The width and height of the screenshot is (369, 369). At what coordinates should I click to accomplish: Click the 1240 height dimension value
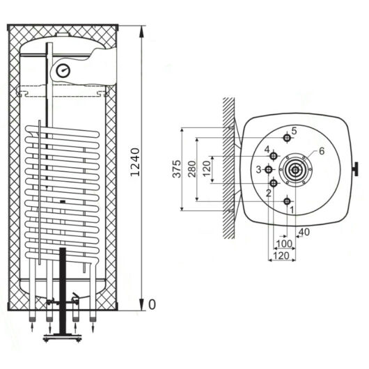(135, 162)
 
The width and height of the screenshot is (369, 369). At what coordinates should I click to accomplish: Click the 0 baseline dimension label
(152, 304)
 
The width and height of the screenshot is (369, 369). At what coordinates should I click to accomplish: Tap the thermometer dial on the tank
(63, 70)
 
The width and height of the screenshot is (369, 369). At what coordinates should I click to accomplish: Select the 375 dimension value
(177, 168)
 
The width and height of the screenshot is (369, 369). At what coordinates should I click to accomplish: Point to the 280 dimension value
(192, 168)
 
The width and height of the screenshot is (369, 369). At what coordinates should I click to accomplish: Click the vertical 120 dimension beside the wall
(206, 168)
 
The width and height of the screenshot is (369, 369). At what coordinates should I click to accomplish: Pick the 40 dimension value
(304, 233)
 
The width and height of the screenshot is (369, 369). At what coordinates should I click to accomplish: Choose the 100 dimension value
(284, 244)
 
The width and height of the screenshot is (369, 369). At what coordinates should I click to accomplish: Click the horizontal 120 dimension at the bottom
(281, 256)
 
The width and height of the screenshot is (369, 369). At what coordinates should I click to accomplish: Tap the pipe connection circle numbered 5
(287, 138)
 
